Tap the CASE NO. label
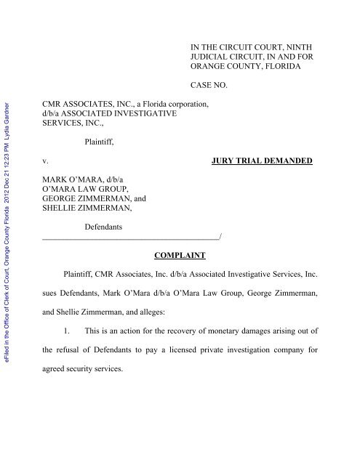(206, 85)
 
